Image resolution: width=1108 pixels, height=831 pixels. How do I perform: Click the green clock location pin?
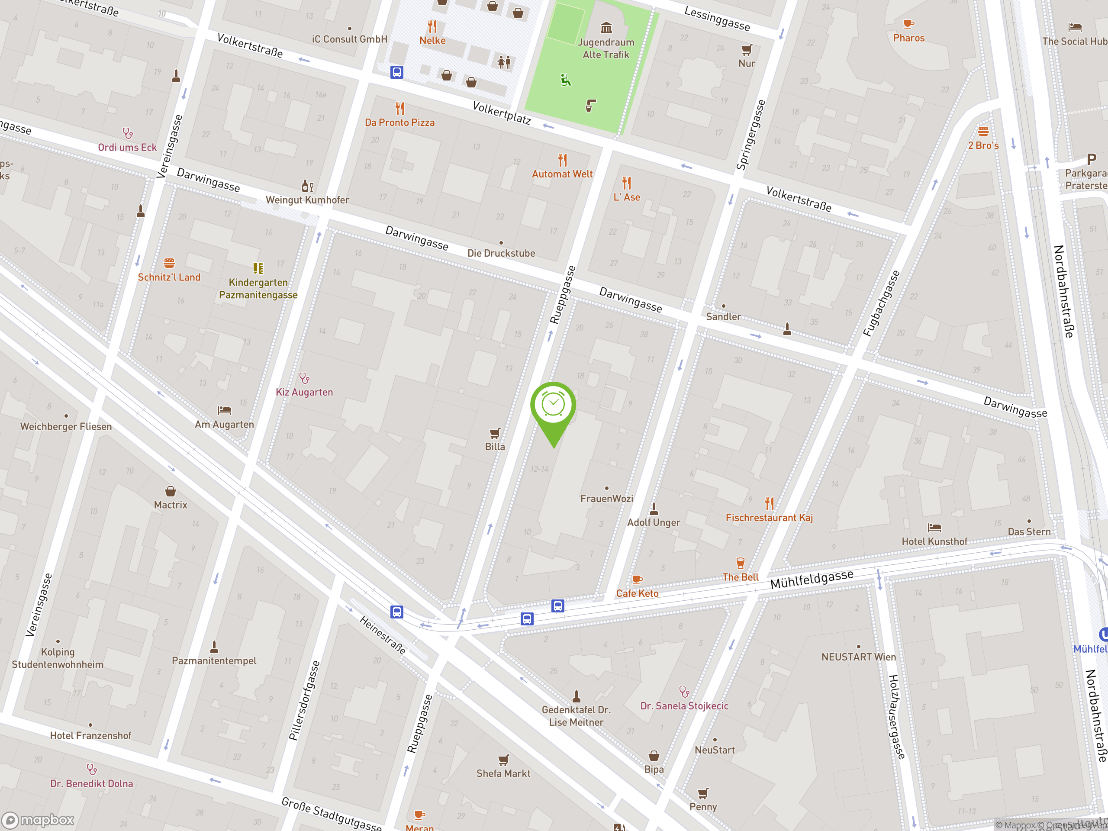553,406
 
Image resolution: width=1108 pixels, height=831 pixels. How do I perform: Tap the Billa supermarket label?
495,446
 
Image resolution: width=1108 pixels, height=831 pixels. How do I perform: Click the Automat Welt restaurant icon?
563,160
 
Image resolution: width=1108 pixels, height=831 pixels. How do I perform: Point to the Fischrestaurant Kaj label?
769,518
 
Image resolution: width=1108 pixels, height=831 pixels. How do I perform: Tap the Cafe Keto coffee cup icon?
637,580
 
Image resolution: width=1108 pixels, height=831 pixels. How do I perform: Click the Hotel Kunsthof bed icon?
934,528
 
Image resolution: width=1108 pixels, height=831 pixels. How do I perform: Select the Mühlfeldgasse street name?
812,580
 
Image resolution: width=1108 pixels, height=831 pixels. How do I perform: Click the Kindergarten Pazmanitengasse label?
258,289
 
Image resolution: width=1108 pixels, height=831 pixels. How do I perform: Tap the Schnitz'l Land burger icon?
169,263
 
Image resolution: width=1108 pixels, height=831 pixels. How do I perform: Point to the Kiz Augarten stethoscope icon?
304,378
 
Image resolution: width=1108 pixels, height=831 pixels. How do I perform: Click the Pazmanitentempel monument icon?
214,647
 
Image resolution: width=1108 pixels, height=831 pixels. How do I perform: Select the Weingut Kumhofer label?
307,200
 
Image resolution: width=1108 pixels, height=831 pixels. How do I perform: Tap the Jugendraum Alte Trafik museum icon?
606,28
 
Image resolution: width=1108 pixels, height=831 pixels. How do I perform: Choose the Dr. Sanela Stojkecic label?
684,706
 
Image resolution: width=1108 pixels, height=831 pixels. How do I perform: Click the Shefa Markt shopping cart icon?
503,760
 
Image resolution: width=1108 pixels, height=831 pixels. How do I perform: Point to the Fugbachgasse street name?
881,303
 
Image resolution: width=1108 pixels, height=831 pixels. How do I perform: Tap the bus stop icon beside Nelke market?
397,72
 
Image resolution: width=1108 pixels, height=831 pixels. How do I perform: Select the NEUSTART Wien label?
859,657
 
